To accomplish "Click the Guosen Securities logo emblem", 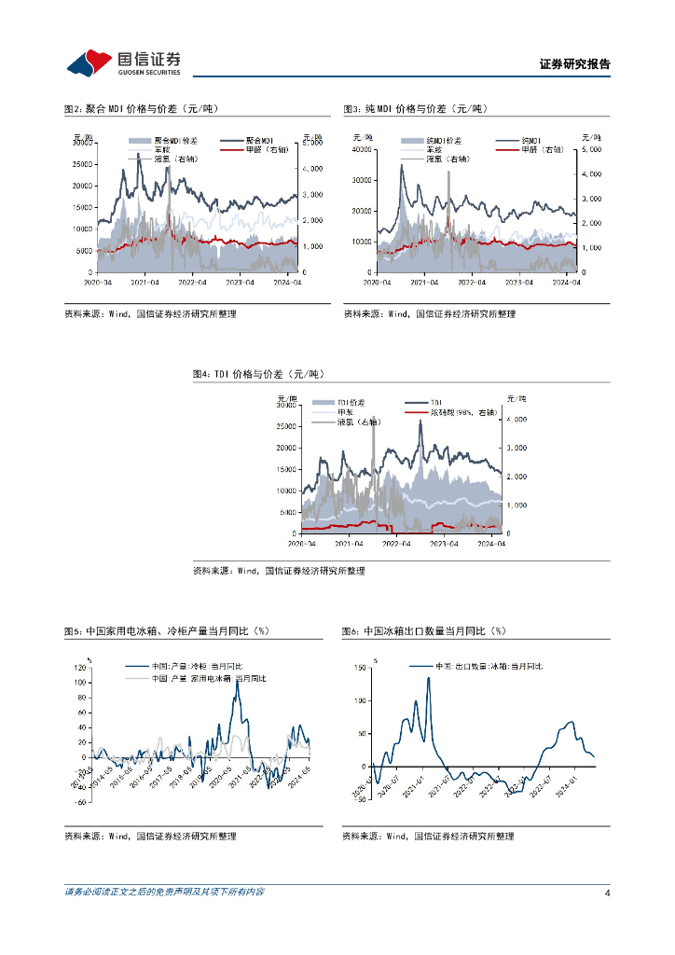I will [x=90, y=62].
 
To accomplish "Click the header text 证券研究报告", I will [x=575, y=64].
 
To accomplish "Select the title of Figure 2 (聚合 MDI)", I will [x=141, y=109].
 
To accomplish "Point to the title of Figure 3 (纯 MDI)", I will [x=416, y=109].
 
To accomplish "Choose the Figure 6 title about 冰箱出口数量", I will [x=424, y=631].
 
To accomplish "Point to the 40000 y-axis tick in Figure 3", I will [x=362, y=149].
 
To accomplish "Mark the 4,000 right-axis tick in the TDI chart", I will [x=515, y=420].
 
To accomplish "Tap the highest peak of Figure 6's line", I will [x=429, y=678].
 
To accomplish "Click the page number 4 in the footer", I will [x=607, y=893].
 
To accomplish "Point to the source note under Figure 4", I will [x=279, y=571].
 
